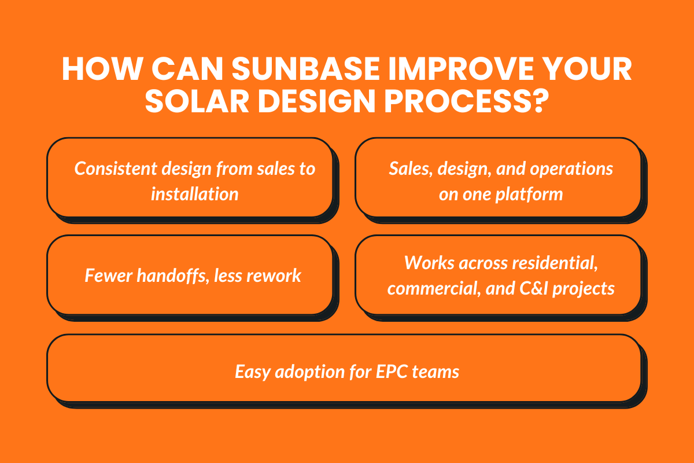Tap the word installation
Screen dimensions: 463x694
point(194,193)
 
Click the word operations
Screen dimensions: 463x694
point(569,168)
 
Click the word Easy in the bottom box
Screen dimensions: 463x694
point(252,371)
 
